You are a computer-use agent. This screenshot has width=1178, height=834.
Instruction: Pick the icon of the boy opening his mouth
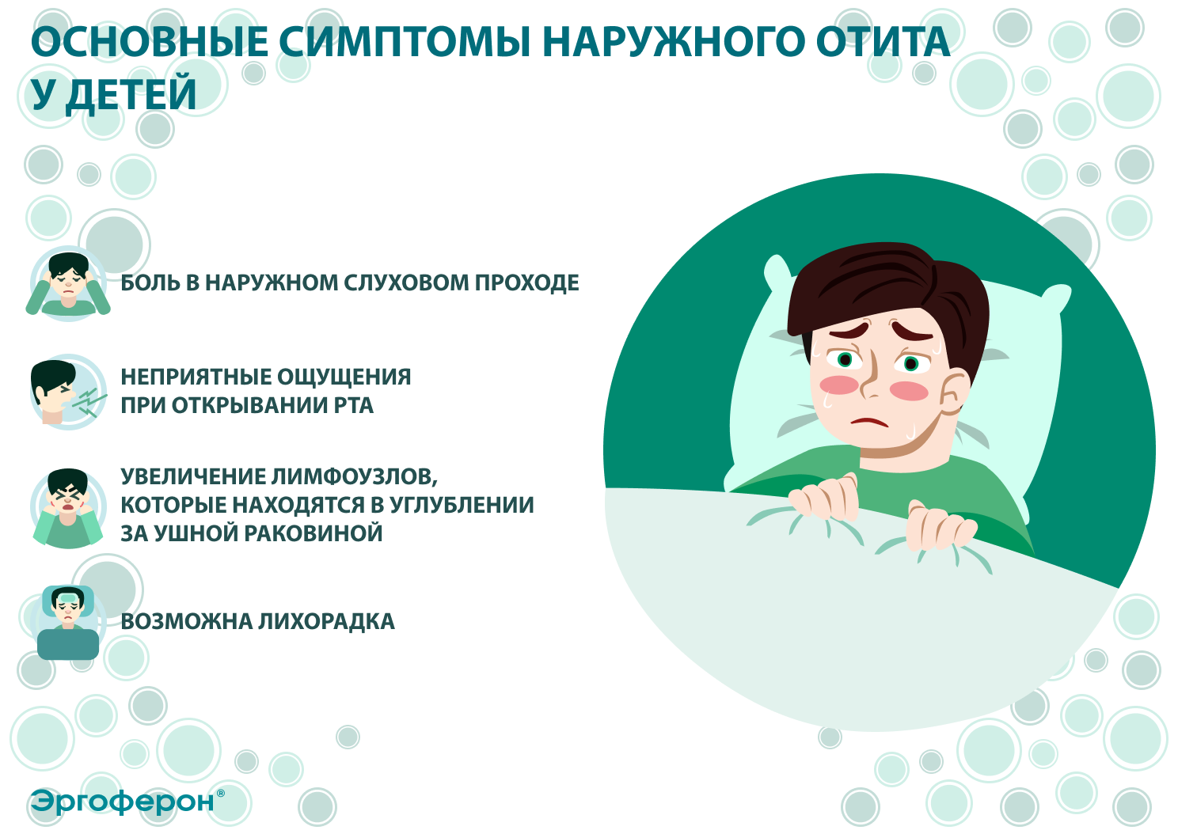click(x=66, y=392)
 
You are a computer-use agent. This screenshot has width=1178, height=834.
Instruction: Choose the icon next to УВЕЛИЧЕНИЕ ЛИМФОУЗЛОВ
click(x=68, y=507)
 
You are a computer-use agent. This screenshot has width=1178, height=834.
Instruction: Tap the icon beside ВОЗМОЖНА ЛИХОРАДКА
click(x=68, y=622)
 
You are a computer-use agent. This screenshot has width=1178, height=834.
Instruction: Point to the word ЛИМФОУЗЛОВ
click(x=354, y=477)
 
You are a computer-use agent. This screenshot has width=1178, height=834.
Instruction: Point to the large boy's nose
click(x=871, y=384)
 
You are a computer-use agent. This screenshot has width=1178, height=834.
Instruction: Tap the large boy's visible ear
click(x=955, y=392)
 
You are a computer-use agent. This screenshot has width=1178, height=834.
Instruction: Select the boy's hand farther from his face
click(x=939, y=526)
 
